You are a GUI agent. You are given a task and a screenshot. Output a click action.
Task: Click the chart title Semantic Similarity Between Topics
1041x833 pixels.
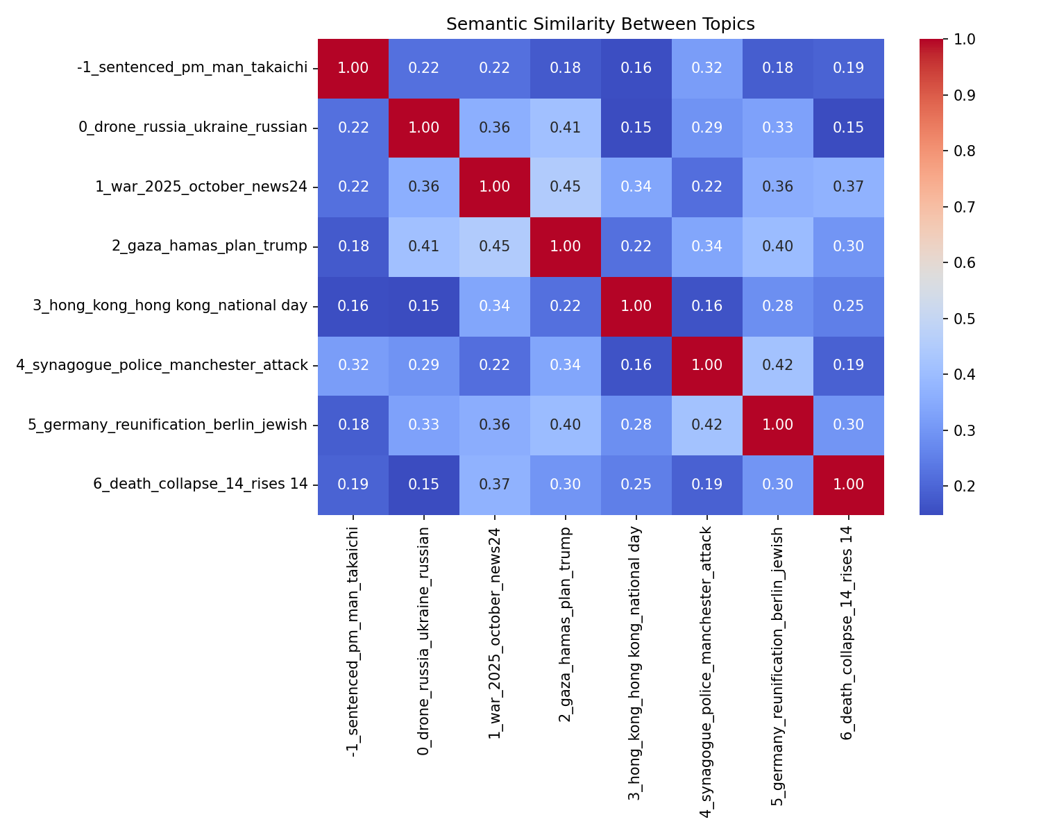pos(600,24)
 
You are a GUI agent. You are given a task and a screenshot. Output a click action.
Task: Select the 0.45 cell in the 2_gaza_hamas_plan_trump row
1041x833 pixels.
pos(494,246)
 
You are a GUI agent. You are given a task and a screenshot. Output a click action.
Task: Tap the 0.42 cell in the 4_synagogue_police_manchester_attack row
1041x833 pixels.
pos(777,366)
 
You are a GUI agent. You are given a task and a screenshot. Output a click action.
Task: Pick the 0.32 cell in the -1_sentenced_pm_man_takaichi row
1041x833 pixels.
pos(706,68)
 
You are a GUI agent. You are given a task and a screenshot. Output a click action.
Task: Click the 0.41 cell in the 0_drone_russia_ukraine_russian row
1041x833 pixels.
pos(565,128)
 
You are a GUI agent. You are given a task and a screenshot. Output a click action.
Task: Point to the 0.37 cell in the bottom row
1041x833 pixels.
pos(494,485)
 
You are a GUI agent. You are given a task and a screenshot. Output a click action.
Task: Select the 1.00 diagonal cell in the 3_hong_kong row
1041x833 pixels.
pos(636,306)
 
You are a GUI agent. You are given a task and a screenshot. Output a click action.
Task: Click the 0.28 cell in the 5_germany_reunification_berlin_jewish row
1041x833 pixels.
pos(636,425)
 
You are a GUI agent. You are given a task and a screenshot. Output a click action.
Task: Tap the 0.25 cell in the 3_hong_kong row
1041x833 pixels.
pos(848,306)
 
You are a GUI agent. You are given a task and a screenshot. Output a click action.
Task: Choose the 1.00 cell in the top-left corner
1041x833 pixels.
pos(353,68)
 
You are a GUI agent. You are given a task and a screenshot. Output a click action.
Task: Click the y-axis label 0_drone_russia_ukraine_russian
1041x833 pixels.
pos(193,128)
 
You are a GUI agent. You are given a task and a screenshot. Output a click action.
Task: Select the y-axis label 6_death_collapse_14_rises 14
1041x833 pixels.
pos(200,485)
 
